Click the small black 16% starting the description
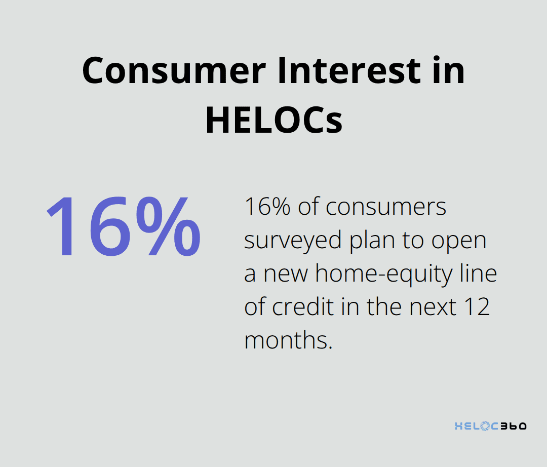pyautogui.click(x=267, y=207)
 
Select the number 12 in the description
pyautogui.click(x=477, y=307)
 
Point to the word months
pyautogui.click(x=288, y=341)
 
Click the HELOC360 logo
pyautogui.click(x=490, y=425)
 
